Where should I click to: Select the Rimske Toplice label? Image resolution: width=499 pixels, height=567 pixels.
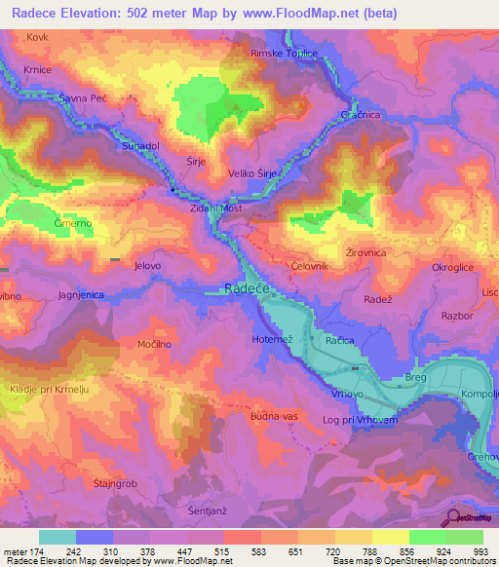click(285, 54)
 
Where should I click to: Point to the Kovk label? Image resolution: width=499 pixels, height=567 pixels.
click(38, 36)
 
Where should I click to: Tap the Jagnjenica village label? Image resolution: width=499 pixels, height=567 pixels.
click(81, 293)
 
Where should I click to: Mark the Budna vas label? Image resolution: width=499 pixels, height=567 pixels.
click(273, 416)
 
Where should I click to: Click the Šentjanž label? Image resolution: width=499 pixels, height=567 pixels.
click(207, 510)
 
